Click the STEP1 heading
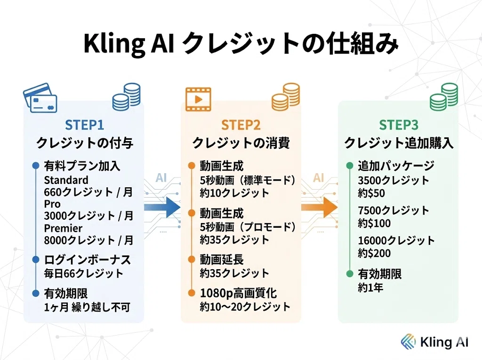pos(85,125)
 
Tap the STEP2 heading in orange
pos(241,125)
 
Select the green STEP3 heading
pos(398,125)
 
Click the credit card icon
pos(40,98)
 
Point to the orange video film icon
pos(198,99)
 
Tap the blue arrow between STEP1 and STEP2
pos(162,207)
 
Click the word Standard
pos(66,180)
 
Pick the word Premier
pos(63,228)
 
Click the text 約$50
pos(371,193)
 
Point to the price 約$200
pos(374,253)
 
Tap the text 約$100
pos(374,223)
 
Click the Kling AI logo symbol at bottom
pos(408,342)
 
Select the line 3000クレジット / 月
pos(88,216)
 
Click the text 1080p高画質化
pos(238,293)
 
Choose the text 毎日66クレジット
pos(83,273)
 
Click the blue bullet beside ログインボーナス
pos(36,260)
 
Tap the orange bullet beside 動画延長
pos(192,260)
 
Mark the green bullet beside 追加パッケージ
pos(350,166)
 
